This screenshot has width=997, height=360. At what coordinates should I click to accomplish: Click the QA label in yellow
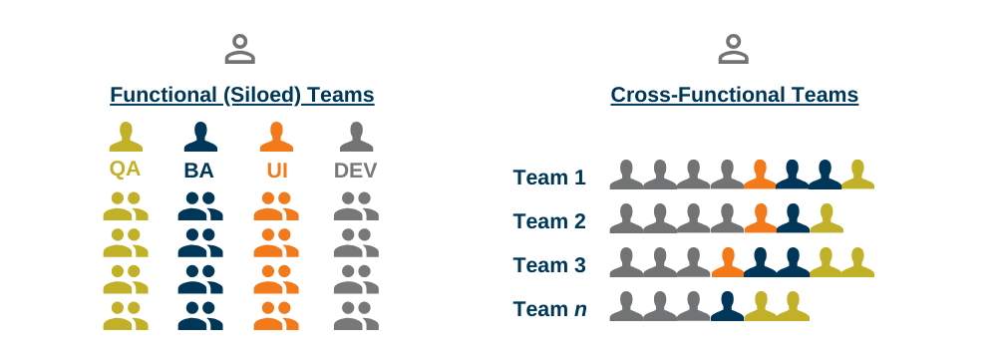tap(125, 170)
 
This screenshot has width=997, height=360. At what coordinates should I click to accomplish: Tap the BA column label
tap(199, 171)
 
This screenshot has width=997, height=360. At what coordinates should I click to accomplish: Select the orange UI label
tap(277, 171)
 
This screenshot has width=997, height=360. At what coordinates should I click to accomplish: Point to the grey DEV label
tap(355, 171)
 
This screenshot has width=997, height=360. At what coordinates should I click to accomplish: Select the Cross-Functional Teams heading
tap(734, 96)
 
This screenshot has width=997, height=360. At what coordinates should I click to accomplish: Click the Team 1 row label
tap(549, 178)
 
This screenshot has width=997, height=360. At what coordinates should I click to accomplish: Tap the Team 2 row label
tap(549, 221)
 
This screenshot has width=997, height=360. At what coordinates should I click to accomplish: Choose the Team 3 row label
tap(549, 265)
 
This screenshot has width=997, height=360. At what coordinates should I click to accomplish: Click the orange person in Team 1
tap(760, 175)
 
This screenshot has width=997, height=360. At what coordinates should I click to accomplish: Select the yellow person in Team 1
tap(857, 175)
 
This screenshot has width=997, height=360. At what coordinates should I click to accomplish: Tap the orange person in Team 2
tap(761, 218)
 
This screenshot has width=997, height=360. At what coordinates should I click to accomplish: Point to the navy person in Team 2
tap(793, 218)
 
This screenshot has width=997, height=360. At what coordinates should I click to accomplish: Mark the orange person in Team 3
tap(728, 262)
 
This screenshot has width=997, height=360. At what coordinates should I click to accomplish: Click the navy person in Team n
tap(728, 306)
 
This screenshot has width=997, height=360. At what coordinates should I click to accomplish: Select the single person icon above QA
tap(125, 137)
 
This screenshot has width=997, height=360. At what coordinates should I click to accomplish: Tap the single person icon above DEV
tap(356, 137)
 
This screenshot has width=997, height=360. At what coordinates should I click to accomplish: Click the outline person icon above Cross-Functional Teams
tap(734, 48)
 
